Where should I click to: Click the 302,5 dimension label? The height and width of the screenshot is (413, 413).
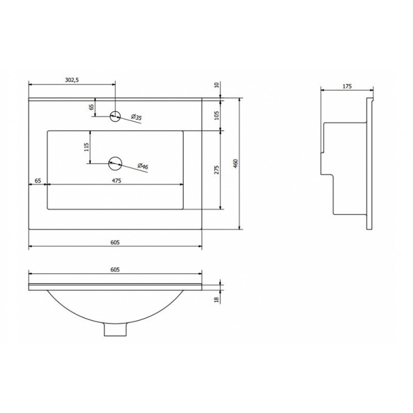point(72,80)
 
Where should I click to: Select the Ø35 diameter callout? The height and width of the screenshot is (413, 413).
point(136,117)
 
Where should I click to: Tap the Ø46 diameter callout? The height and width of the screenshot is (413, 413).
point(143,166)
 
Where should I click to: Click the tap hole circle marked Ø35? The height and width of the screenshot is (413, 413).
point(115,116)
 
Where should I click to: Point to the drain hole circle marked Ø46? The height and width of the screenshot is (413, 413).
point(115,164)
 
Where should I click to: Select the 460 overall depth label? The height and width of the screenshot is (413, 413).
point(236,163)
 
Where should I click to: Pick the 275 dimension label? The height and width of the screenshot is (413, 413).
point(217,170)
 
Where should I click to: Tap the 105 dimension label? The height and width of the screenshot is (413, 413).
point(217,115)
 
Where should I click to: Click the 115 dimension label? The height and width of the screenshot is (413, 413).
point(87,147)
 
